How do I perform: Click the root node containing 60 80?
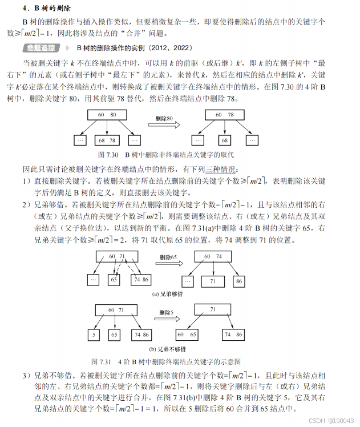pyautogui.click(x=107, y=115)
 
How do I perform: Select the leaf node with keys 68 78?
pyautogui.click(x=107, y=140)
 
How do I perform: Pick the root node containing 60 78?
pyautogui.click(x=223, y=115)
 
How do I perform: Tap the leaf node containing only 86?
pyautogui.click(x=238, y=281)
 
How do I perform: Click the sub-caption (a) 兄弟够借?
pyautogui.click(x=168, y=294)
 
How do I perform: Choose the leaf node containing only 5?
pyautogui.click(x=93, y=335)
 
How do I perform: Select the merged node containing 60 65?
pyautogui.click(x=188, y=335)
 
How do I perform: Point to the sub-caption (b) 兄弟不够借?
pyautogui.click(x=168, y=348)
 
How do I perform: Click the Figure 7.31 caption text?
pyautogui.click(x=166, y=362)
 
